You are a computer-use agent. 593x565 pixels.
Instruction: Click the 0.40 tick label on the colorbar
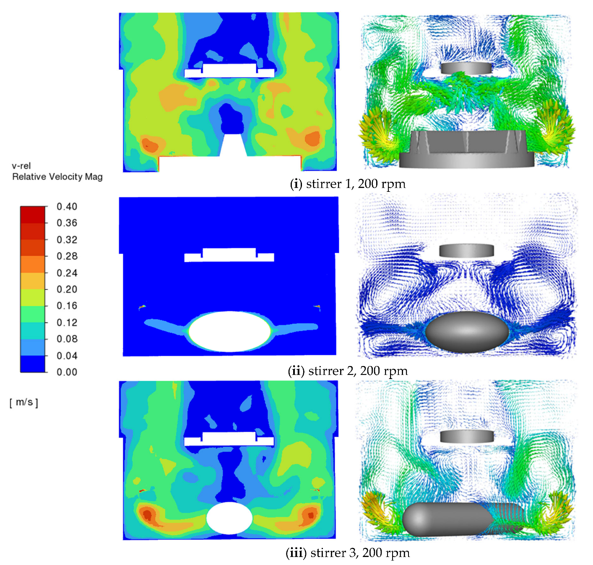[x=67, y=206]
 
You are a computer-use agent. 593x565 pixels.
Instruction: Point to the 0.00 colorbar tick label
[x=67, y=372]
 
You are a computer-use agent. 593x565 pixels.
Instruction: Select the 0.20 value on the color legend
[x=67, y=289]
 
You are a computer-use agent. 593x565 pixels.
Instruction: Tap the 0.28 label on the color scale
[x=67, y=256]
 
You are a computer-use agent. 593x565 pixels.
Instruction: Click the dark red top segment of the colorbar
[x=33, y=214]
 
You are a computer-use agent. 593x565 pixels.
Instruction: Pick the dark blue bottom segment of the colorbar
[x=33, y=364]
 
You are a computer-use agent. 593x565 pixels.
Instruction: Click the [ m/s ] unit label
[x=24, y=402]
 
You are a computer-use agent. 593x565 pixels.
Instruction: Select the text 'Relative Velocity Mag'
[x=57, y=177]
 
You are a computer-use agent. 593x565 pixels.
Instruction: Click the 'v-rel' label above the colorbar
[x=21, y=166]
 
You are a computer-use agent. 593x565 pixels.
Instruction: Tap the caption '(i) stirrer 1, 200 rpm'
[x=348, y=184]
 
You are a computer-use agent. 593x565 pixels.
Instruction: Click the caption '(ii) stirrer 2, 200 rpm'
[x=348, y=371]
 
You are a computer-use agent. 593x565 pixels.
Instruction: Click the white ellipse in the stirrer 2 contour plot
[x=229, y=331]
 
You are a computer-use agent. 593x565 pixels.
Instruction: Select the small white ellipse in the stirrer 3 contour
[x=229, y=518]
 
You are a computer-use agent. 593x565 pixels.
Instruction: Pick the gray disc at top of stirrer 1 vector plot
[x=466, y=68]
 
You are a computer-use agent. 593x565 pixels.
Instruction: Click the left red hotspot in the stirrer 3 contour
[x=147, y=514]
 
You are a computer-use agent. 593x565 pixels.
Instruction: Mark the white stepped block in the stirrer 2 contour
[x=229, y=255]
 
